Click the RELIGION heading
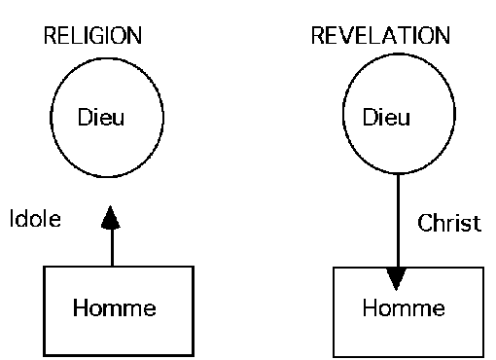pos(93,36)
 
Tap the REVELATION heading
pos(380,36)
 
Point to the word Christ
pos(449,224)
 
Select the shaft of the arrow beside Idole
pos(112,248)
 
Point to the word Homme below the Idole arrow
pos(115,310)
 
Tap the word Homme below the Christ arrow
pos(403,309)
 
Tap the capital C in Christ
pos(424,224)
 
